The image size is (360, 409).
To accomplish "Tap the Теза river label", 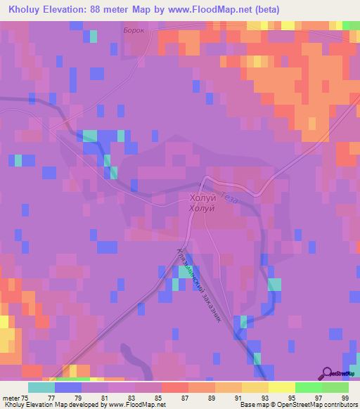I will click(229, 197).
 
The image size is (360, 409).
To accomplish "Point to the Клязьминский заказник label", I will click(200, 285).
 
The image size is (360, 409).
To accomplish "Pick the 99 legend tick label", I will click(345, 398).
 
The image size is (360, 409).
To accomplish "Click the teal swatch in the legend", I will click(41, 387).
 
